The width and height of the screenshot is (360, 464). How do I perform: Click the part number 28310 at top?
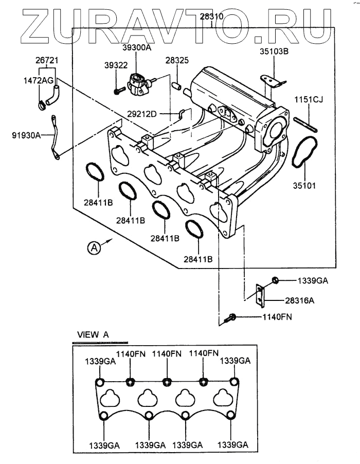(x=211, y=17)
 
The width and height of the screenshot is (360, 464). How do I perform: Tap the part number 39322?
(x=116, y=65)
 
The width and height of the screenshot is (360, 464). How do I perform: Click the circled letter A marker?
(x=93, y=248)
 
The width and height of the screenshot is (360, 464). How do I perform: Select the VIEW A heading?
(x=93, y=334)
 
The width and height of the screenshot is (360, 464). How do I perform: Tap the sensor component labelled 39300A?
(x=138, y=83)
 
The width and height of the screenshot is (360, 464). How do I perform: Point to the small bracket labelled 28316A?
(x=261, y=292)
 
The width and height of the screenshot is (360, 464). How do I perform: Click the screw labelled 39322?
(x=119, y=91)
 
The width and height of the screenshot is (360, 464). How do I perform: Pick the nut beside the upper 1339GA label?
(x=275, y=280)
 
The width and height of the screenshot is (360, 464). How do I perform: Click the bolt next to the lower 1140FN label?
(x=231, y=317)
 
